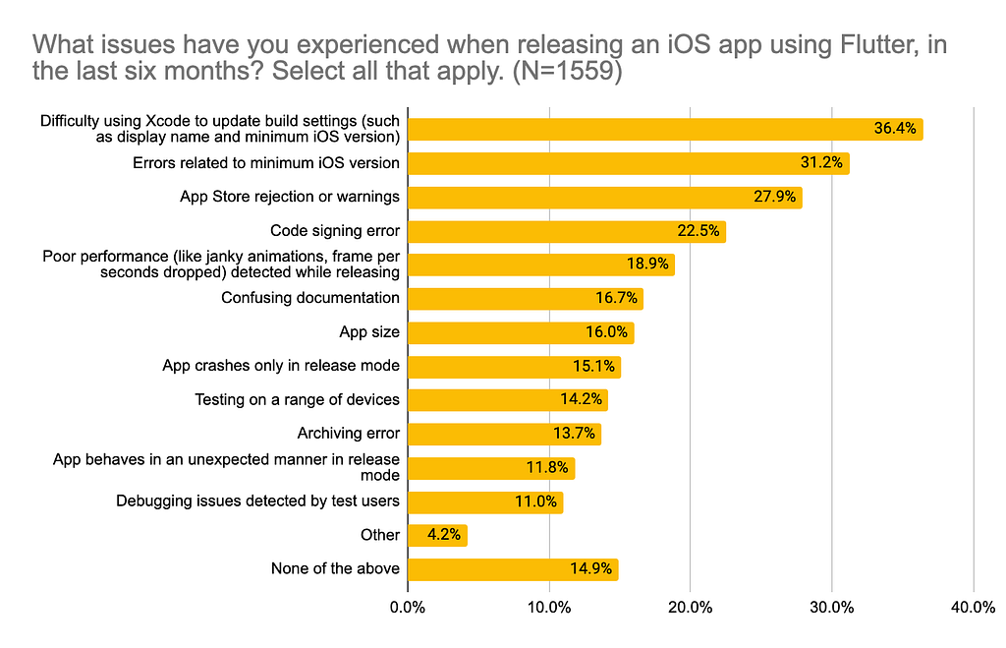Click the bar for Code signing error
point(566,231)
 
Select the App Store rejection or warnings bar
point(604,197)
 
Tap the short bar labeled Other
point(437,535)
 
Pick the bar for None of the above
point(512,568)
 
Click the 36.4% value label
point(895,129)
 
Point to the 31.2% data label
point(821,163)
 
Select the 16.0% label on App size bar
point(606,332)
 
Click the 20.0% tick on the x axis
point(690,608)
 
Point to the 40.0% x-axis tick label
point(973,608)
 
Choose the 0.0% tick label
point(407,608)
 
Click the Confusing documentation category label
point(309,298)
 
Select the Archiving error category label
point(348,434)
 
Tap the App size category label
point(368,332)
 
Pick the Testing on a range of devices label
point(297,399)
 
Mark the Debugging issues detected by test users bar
point(485,501)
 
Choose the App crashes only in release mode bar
point(514,366)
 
